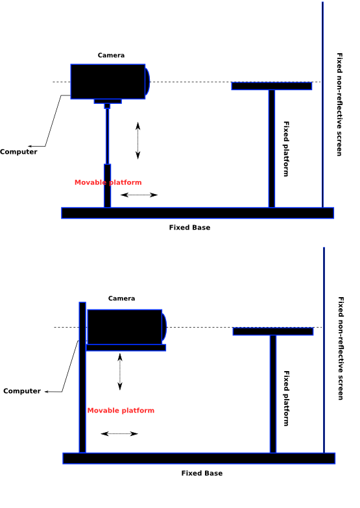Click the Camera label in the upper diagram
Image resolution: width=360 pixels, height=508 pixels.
coord(111,55)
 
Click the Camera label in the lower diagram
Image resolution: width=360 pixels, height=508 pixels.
coord(121,298)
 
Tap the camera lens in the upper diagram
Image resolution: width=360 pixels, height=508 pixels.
coord(147,81)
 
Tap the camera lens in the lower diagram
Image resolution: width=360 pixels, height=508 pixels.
coord(164,326)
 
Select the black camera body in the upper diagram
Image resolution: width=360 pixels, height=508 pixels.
coord(108,82)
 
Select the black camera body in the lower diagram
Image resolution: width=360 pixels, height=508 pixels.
coord(125,327)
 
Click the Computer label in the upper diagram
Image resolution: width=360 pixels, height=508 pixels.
coord(18,152)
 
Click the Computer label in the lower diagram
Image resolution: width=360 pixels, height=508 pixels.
coord(22,391)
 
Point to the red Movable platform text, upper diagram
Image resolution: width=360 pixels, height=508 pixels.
coord(108,182)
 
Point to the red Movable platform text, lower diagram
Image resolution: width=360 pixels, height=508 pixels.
coord(121,411)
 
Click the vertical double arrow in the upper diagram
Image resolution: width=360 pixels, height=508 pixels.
coord(138,141)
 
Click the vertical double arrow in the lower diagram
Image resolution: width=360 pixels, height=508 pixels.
coord(120,372)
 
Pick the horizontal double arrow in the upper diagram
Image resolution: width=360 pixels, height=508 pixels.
coord(139,195)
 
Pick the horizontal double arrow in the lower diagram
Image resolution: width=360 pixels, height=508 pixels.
coord(119,434)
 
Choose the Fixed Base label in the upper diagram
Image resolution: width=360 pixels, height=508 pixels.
coord(189,228)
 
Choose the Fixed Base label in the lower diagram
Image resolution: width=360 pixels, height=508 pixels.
coord(202,474)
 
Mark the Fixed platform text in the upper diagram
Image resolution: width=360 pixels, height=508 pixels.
coord(286,149)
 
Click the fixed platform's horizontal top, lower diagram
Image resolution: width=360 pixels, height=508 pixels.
coord(273,332)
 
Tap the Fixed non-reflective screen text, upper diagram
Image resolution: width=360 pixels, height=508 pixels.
coord(339,104)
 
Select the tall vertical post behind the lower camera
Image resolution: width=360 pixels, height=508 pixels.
coord(82,378)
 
